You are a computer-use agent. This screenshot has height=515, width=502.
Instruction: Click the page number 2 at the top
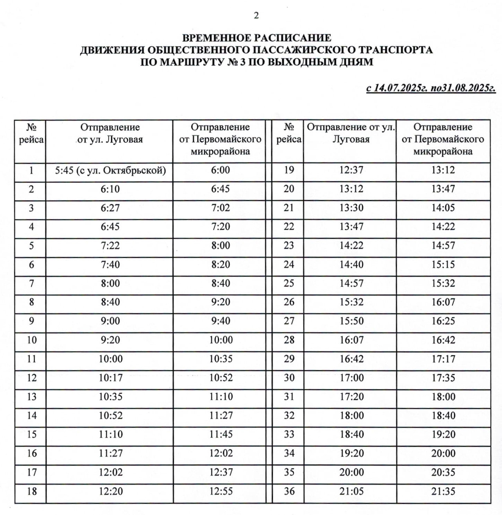coord(256,16)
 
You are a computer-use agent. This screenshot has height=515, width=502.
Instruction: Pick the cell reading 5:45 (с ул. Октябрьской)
coord(110,170)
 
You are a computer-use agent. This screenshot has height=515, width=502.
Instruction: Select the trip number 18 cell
coord(32,491)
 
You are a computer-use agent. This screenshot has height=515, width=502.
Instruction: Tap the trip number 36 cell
coord(289,491)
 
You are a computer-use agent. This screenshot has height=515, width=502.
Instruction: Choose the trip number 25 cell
coord(289,283)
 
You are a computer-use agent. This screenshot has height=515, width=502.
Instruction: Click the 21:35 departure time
coord(443,491)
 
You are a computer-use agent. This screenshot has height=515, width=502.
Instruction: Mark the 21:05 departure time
coord(351,491)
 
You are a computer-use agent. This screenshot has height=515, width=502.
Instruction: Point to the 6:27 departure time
coord(110,208)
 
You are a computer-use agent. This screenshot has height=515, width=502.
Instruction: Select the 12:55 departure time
coord(221,491)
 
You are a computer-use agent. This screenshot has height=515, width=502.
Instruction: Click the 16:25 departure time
coord(443,321)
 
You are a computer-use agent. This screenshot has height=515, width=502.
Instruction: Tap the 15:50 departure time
coord(351,321)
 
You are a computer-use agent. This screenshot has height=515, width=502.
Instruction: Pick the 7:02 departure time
coord(221,208)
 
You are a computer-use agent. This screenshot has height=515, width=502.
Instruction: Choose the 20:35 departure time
coord(443,472)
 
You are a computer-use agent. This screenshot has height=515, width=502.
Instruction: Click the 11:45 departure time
coord(221,434)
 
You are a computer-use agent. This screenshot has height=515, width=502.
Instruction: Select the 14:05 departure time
coord(443,208)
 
